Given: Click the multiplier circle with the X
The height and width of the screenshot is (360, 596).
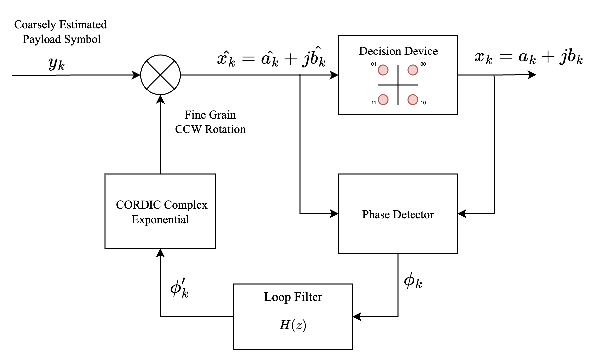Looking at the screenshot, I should point(160,75).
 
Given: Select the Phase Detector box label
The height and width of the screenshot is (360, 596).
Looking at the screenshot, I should point(398,215).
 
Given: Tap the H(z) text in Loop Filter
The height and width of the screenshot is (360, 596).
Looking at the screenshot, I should point(293,325).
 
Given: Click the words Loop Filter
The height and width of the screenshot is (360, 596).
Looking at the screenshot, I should point(293,297).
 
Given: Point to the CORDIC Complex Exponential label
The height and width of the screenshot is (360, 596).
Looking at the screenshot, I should point(161,212).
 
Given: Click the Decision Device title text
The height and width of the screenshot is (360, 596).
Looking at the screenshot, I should point(398,51).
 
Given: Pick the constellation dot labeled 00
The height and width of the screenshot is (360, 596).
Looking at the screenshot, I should point(413,70).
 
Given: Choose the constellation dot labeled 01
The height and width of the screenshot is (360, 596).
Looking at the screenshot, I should point(383,70).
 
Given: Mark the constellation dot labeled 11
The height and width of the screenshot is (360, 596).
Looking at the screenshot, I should point(383,99).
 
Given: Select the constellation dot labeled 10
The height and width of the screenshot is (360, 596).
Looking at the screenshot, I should point(413,99).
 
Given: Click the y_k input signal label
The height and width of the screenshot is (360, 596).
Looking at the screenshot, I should point(56,63).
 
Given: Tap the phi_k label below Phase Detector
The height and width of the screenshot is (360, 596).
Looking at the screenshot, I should point(413,281).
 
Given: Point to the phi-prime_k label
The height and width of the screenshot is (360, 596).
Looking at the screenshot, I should point(180,288).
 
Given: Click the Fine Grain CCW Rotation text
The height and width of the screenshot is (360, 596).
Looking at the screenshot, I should point(210,122).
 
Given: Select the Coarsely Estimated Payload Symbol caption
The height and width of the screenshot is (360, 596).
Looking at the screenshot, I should point(61,32).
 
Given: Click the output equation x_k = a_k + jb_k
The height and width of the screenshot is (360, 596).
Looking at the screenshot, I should point(529,57).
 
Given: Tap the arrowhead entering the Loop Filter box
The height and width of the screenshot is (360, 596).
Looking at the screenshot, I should point(356,317).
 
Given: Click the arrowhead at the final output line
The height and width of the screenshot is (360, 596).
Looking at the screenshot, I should point(532,75).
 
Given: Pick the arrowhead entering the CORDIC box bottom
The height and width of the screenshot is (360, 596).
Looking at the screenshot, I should point(160,253).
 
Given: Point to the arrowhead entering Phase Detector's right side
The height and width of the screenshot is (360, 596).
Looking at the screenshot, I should point(462,214).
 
